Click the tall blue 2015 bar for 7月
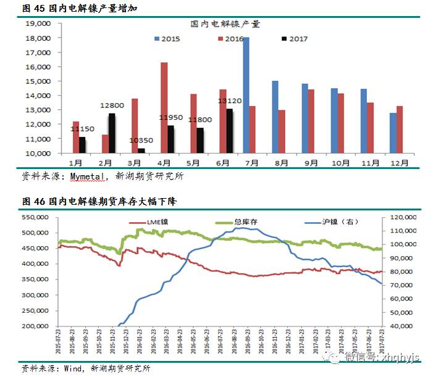(246, 95)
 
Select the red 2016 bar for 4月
(164, 107)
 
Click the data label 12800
(112, 106)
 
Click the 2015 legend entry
(167, 39)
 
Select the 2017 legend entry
(294, 39)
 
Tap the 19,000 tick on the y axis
(37, 23)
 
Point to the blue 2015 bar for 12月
(393, 133)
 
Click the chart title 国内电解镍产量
(225, 24)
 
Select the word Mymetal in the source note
(88, 176)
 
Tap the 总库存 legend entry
(241, 222)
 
